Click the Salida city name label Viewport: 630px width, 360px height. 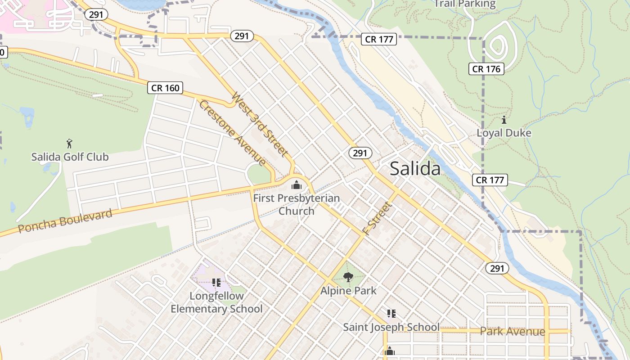point(415,169)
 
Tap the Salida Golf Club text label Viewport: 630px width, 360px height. point(70,157)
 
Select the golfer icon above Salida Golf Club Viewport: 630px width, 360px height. point(69,144)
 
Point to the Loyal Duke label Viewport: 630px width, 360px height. point(504,133)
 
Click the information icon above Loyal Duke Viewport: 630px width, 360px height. point(504,120)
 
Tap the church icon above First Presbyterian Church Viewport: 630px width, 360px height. point(296,184)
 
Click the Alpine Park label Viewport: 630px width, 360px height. point(348,291)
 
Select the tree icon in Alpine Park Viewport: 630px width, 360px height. point(348,277)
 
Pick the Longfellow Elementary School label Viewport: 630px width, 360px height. point(216,302)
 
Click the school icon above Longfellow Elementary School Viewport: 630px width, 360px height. point(216,283)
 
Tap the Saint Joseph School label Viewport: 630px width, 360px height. point(391,327)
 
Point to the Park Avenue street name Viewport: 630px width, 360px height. point(512,332)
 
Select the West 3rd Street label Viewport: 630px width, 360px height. point(260,124)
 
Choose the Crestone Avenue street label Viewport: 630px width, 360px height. point(232,132)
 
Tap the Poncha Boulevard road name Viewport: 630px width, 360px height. point(65,221)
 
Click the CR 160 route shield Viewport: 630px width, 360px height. point(165,88)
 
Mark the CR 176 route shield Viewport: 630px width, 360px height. point(486,69)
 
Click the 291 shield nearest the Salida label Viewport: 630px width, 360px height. point(360,153)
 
